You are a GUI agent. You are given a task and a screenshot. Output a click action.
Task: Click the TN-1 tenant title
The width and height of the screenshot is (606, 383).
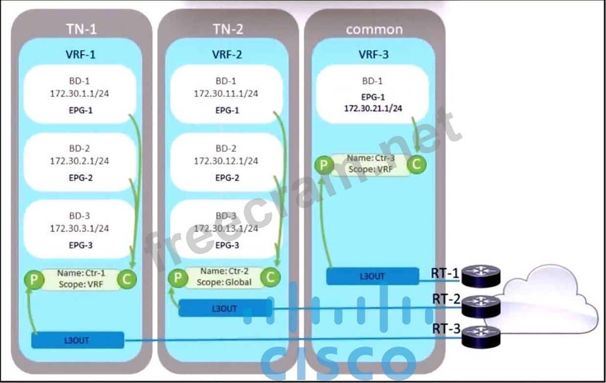coord(81,29)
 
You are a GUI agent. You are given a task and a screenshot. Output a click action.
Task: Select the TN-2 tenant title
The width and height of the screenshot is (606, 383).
coord(227,29)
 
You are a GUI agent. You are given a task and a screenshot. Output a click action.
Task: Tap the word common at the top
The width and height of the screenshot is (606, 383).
coord(374,29)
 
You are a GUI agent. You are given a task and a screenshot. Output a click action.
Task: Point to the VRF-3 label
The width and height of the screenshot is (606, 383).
coord(374,55)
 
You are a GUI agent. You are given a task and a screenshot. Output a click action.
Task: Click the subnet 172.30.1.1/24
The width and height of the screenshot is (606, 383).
coord(80,93)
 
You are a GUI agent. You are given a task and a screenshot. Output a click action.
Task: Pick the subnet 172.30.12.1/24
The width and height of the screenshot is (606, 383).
coord(226,161)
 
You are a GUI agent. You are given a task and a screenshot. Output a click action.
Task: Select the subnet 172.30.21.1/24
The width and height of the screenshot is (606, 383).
coord(373,108)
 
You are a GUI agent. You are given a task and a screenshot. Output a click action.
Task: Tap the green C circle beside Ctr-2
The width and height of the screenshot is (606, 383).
coord(269,277)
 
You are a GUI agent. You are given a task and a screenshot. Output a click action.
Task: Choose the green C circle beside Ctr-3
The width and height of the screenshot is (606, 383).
coord(416,165)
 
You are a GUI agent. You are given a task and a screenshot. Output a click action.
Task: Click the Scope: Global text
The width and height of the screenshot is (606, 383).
coord(224,282)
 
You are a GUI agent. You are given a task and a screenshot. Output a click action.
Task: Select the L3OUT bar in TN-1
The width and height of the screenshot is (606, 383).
coord(77,340)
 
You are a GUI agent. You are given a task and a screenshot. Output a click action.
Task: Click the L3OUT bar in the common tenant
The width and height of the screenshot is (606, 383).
coord(372,276)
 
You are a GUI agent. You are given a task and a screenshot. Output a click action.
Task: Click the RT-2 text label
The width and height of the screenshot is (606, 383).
coord(445,298)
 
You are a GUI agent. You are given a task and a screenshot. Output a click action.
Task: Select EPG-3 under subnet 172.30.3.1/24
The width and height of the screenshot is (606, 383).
coord(81,245)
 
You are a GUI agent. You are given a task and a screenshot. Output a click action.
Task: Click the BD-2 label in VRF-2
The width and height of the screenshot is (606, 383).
coord(226,149)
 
